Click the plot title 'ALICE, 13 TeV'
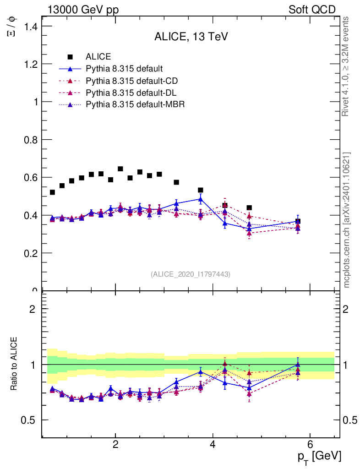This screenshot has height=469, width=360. coord(191,37)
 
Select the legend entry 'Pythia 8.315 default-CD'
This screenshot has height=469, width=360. coord(131,81)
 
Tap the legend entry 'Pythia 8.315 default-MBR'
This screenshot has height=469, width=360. coord(135,105)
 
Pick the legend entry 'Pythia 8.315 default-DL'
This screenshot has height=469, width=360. coord(131,93)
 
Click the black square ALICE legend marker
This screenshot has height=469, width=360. coord(70,57)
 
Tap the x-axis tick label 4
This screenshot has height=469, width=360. coord(213,444)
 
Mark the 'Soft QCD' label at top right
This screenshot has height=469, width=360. coord(312,10)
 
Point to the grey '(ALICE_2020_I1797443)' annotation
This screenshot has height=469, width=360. coord(191,274)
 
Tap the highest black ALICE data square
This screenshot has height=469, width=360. coord(120,169)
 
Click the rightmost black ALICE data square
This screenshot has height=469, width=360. coord(298,221)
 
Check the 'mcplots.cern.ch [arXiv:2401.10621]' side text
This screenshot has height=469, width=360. coord(347,220)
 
